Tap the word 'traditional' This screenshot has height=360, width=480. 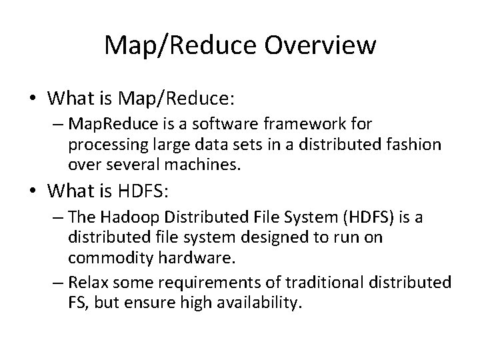321,283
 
